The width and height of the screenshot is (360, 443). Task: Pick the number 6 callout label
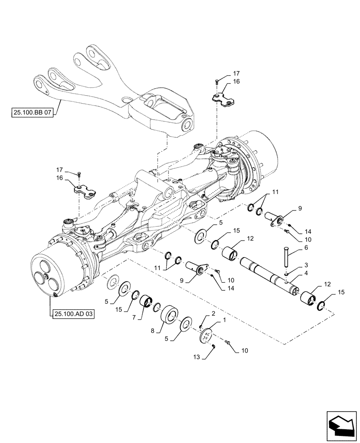305,249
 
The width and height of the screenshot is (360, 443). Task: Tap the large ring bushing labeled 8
171,316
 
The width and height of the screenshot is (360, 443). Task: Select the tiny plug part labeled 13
213,347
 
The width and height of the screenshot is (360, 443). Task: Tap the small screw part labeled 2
201,327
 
